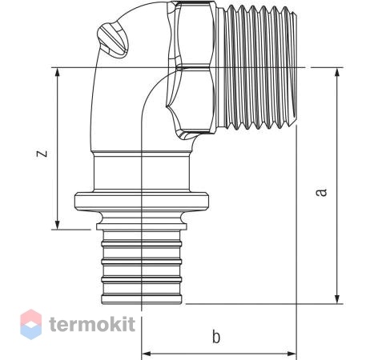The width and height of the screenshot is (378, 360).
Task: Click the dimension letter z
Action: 42,153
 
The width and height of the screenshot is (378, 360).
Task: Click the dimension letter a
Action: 321,192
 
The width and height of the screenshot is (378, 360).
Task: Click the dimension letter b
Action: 216,337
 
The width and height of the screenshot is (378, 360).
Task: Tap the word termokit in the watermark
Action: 92,325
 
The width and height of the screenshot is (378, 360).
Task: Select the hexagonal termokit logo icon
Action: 31,324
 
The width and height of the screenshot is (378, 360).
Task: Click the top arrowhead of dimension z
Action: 57,72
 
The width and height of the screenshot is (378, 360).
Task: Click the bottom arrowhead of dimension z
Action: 57,225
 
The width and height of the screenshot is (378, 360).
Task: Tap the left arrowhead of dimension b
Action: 146,354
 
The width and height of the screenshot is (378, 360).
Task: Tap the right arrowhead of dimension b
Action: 292,354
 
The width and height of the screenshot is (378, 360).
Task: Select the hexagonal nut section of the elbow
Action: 191,68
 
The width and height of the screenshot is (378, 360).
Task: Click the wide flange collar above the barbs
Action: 142,202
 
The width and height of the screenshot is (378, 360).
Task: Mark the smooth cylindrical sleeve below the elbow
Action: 142,173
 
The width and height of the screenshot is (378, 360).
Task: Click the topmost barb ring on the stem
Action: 142,243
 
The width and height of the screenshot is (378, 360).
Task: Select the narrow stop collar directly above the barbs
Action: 142,226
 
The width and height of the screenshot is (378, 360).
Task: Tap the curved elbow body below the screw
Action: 118,106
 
